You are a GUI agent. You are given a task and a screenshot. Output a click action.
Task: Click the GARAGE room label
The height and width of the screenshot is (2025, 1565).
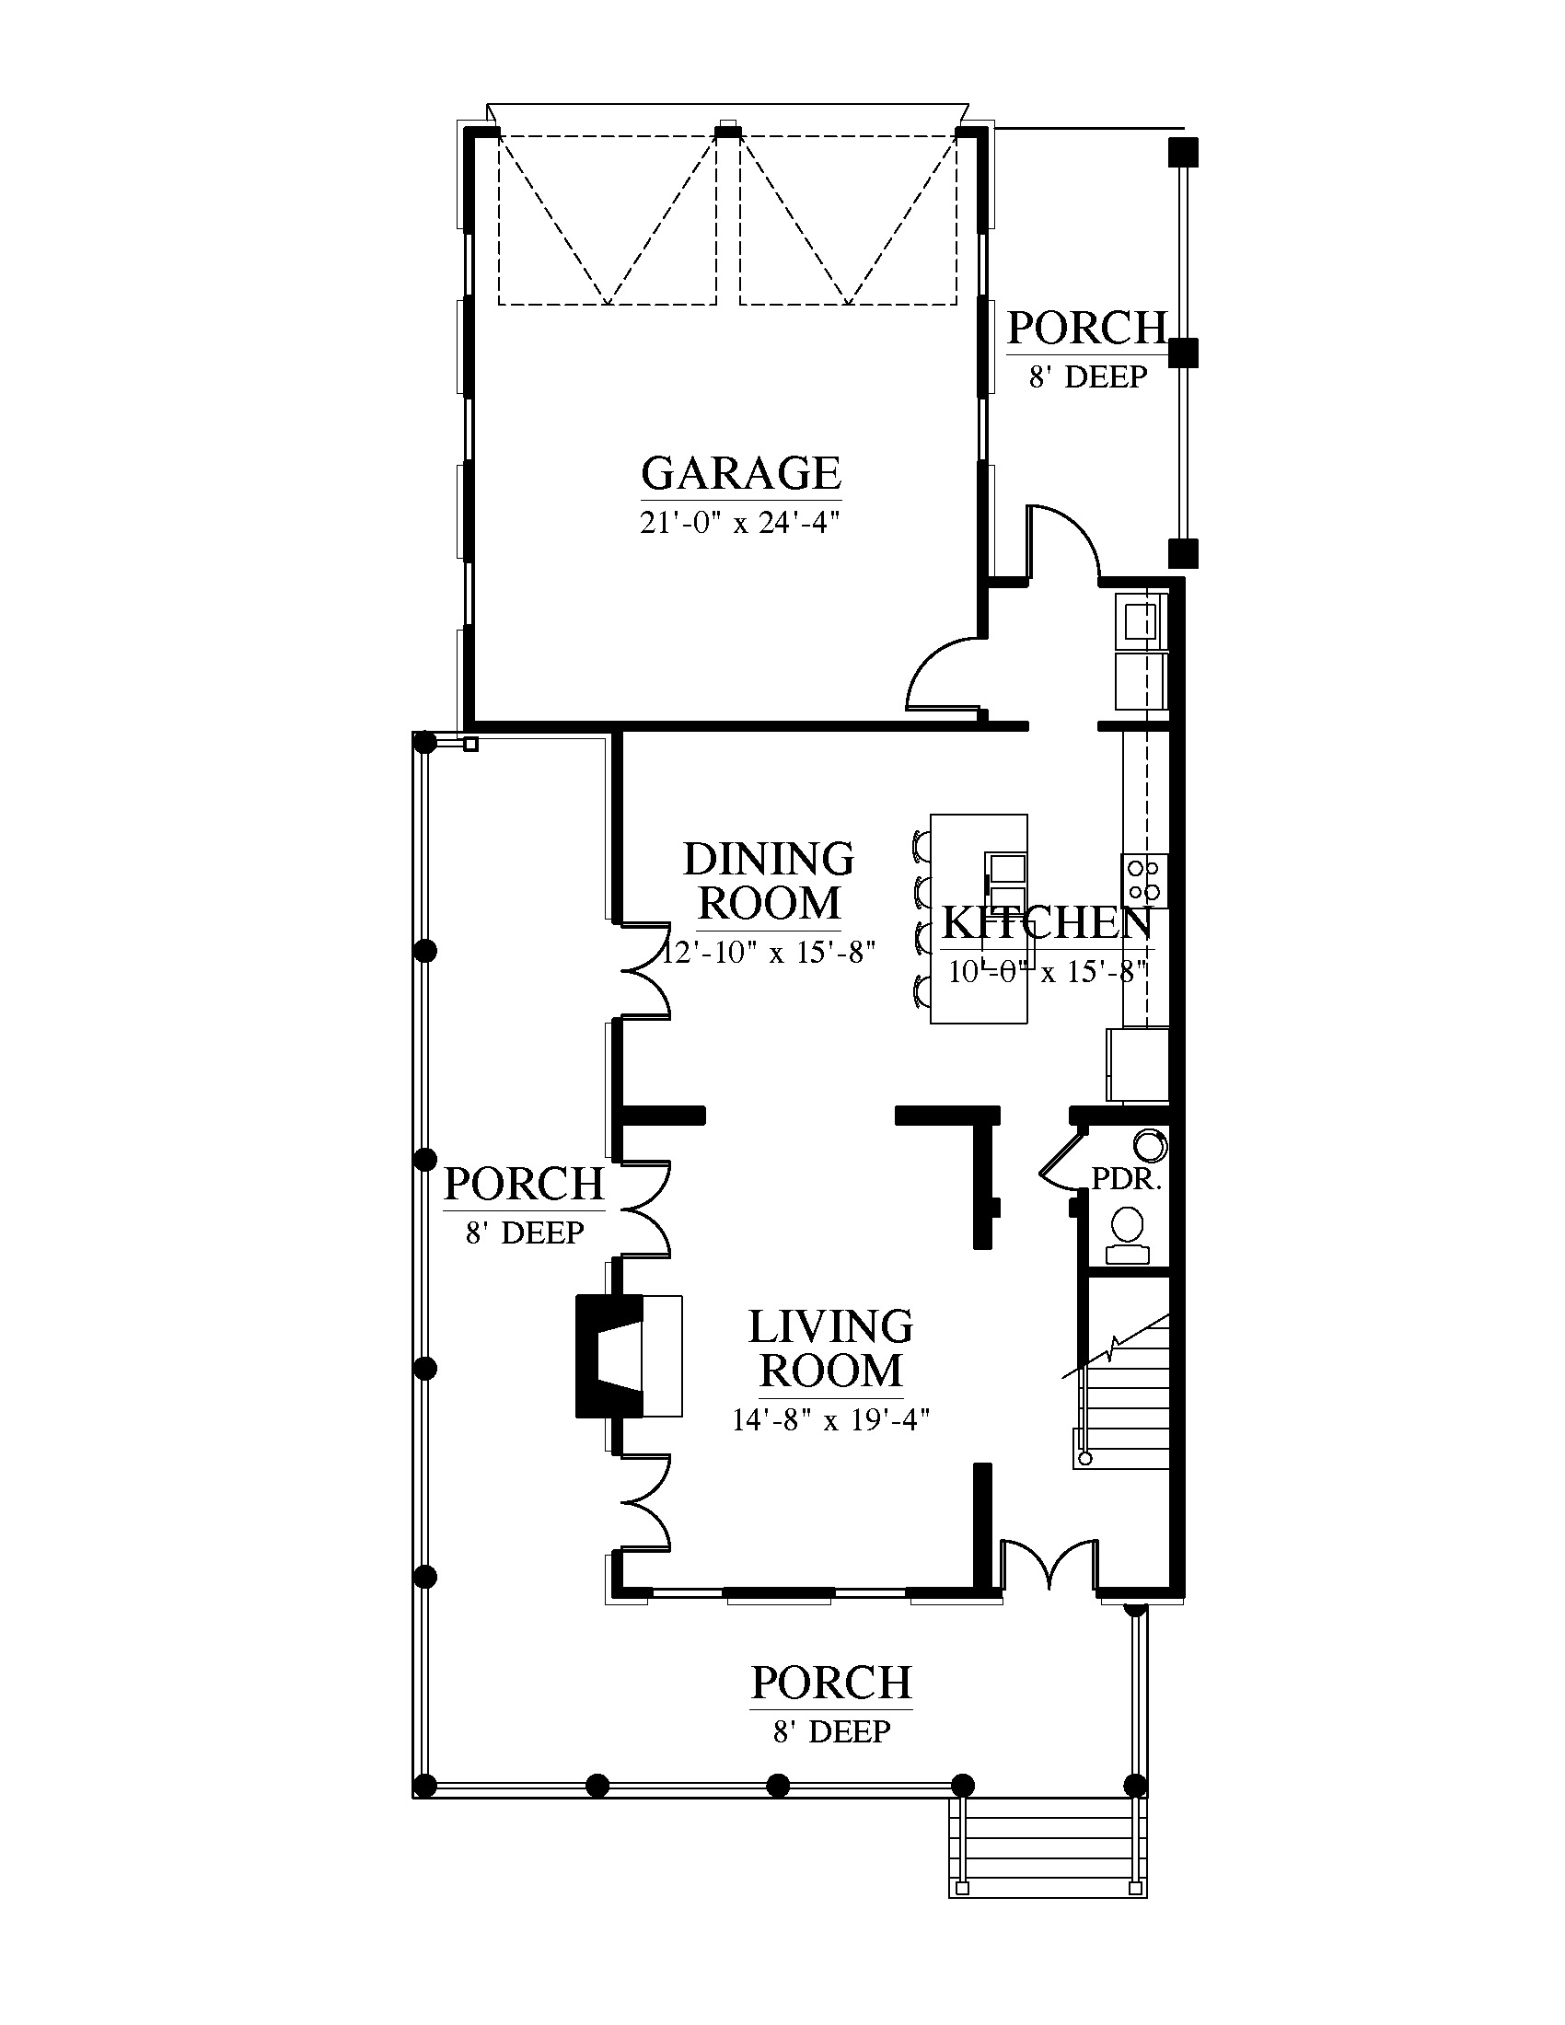[741, 473]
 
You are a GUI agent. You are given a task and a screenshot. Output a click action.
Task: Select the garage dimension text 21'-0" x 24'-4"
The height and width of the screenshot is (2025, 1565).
[740, 523]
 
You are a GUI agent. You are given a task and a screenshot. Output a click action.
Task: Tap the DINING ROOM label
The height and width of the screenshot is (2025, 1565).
[769, 881]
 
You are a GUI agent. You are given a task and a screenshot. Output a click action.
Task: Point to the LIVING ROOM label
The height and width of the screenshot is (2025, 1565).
[830, 1348]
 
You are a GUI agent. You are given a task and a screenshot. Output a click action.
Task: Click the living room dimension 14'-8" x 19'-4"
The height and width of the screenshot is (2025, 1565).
[830, 1419]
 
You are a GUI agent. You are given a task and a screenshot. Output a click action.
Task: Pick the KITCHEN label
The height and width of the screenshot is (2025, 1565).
[1047, 922]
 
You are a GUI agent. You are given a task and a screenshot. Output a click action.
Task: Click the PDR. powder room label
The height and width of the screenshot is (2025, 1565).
[1127, 1178]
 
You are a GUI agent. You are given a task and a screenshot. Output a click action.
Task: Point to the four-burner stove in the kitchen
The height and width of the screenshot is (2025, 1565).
[1144, 881]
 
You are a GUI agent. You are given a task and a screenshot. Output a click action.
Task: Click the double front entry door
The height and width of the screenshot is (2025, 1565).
[1049, 1563]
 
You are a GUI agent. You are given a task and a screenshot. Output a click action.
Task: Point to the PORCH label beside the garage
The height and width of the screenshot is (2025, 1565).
[1086, 328]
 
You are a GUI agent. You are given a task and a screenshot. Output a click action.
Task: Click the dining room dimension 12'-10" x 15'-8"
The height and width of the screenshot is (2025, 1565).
[769, 953]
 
